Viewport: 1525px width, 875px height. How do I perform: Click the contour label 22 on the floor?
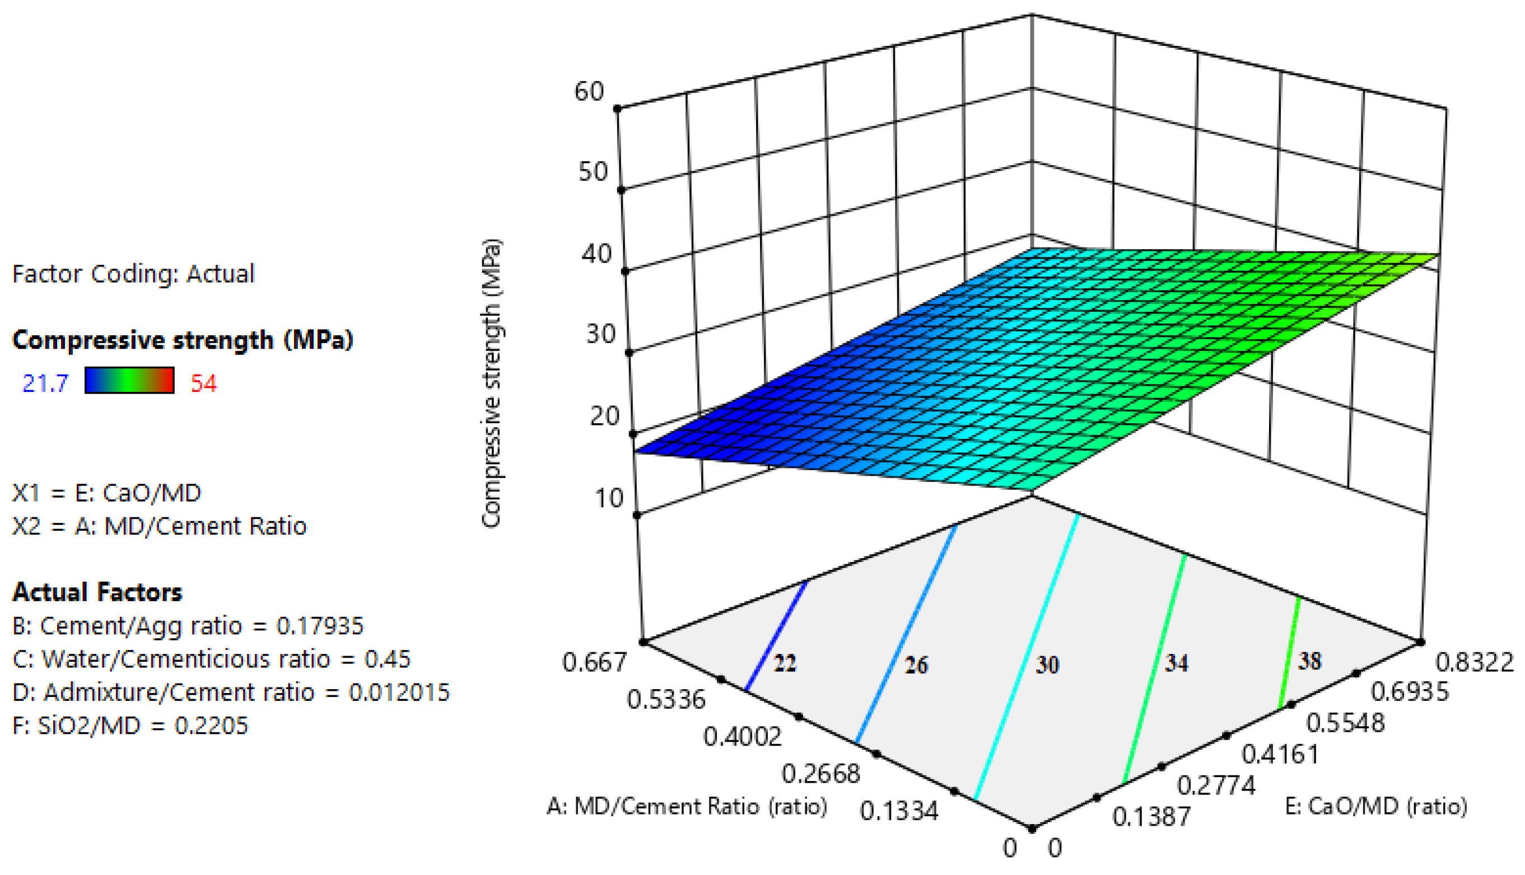785,663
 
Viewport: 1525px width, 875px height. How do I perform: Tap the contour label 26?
916,665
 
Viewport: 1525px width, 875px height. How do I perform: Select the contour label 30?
1047,665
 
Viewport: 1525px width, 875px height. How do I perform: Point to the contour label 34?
1176,663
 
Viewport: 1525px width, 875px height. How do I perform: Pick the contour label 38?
1310,661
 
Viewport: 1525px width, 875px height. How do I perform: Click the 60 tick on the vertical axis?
589,92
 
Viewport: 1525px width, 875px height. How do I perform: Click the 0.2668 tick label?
820,774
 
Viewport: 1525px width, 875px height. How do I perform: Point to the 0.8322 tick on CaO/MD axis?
1474,662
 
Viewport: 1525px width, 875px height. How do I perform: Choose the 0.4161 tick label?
1280,754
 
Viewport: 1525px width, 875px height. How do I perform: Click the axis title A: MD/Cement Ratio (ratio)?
687,806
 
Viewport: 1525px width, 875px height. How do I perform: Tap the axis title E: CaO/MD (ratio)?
1376,806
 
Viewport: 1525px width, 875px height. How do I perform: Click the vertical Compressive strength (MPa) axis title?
492,383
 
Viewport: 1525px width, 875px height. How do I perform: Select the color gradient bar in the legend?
129,381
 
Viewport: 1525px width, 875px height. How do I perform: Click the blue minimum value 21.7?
46,383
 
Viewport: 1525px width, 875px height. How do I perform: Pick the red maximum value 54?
203,383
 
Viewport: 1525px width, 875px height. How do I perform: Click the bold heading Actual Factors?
97,592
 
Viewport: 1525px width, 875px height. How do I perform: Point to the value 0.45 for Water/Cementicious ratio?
387,659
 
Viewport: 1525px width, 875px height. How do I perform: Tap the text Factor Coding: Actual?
133,274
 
